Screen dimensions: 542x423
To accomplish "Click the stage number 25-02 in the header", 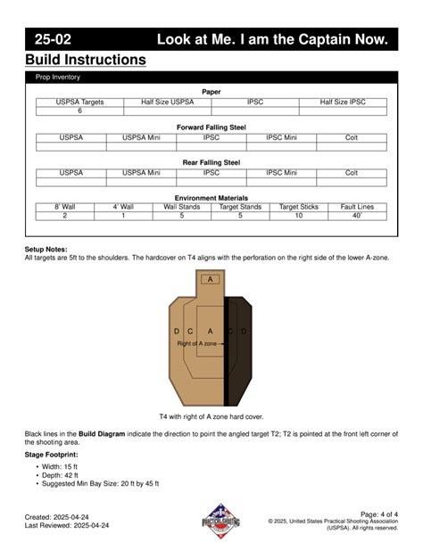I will (54, 39).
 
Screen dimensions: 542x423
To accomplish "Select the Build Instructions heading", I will (86, 61).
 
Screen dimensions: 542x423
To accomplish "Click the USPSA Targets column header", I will (79, 103).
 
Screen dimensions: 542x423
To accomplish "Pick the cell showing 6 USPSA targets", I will (79, 111).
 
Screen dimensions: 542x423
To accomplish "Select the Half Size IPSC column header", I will (343, 103).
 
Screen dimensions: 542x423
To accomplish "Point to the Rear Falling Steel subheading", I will (211, 162).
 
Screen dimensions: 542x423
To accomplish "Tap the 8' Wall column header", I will (64, 207).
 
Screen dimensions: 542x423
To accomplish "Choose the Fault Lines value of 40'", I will (357, 216).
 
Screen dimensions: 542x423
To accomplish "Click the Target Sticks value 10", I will (299, 216).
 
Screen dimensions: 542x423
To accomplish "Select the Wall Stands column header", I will (182, 207).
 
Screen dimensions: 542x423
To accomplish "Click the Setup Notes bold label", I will (46, 250).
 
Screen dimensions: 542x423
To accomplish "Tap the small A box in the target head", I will (211, 279).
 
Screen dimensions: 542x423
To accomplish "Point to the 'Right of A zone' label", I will (197, 343).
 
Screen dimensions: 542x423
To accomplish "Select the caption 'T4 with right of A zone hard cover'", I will (211, 416).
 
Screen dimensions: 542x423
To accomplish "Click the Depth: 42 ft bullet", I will (62, 474).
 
